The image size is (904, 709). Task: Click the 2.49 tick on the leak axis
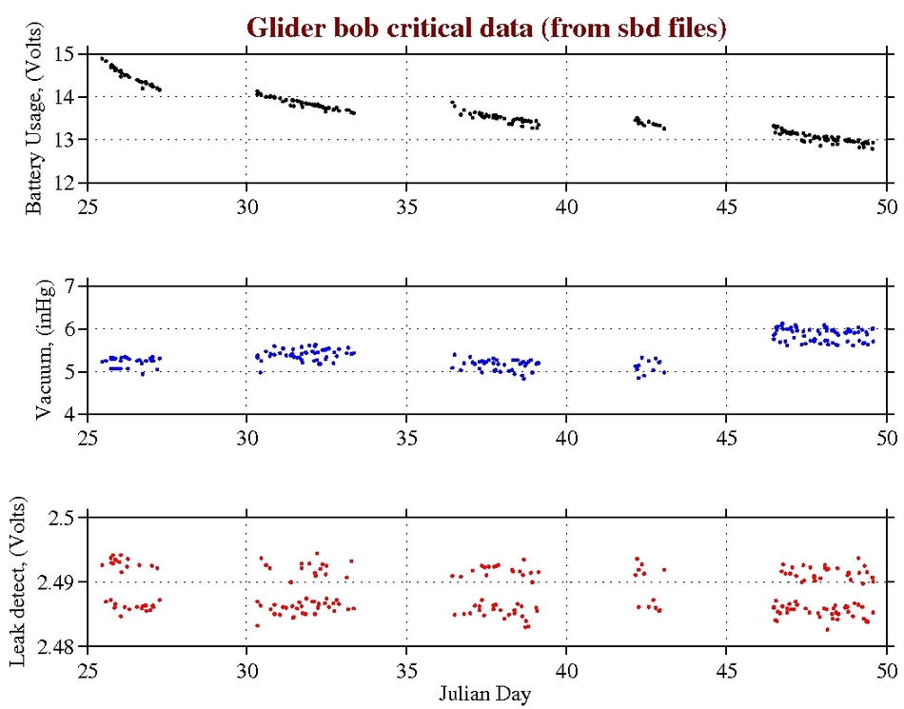61,581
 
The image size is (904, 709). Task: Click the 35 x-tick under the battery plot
407,204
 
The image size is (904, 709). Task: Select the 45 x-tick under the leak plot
727,667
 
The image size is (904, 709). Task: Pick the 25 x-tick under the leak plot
88,667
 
